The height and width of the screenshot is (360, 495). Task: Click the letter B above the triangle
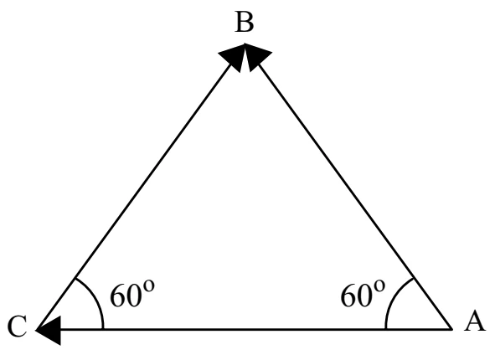click(244, 23)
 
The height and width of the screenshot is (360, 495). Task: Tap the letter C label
click(17, 327)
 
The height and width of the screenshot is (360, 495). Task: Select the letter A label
click(474, 321)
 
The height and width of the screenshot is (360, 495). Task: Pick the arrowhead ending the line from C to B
click(233, 57)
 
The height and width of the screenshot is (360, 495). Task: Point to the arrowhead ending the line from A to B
click(257, 57)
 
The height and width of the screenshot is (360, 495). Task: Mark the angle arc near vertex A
click(393, 300)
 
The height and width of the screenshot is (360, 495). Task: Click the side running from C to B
click(141, 187)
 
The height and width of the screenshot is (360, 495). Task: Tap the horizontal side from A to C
click(244, 330)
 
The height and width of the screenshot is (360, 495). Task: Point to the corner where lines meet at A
click(451, 330)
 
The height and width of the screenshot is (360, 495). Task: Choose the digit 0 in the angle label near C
click(133, 296)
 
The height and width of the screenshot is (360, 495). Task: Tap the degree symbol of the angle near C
click(149, 285)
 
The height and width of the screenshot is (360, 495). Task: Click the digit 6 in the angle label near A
click(348, 296)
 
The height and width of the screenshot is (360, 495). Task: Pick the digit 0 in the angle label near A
click(364, 296)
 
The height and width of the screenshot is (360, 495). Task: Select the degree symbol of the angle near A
click(379, 285)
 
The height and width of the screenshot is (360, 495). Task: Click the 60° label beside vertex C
click(132, 293)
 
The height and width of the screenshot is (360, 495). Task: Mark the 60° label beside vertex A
click(363, 293)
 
